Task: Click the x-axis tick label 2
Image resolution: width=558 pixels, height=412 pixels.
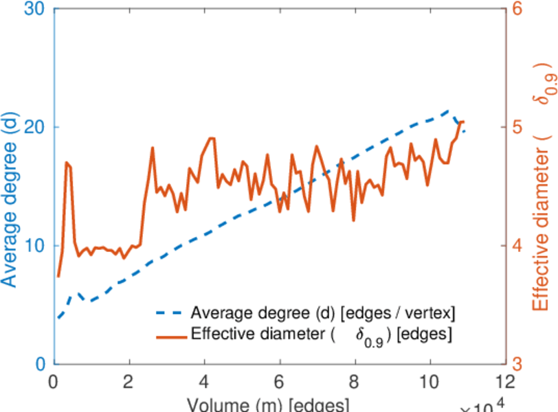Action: [x=129, y=382]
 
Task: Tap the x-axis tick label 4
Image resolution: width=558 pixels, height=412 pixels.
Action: [x=204, y=382]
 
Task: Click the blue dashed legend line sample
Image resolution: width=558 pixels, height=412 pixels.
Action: [x=170, y=312]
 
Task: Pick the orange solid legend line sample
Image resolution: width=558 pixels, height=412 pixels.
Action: [x=170, y=336]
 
